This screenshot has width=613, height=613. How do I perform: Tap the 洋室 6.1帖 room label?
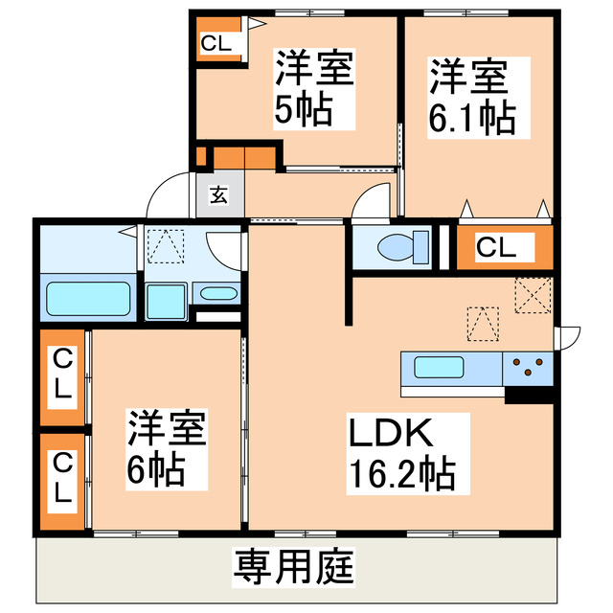coord(471,96)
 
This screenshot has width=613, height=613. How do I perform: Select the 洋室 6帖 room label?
coord(168,448)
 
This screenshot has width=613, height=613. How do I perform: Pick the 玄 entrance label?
coord(218,195)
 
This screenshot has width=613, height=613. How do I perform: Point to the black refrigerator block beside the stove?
coord(530,392)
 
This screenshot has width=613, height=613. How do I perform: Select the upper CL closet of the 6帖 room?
coord(62,376)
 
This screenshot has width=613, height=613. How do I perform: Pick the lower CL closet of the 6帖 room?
coord(62,479)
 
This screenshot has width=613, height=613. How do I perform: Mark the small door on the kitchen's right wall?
coord(567,336)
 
